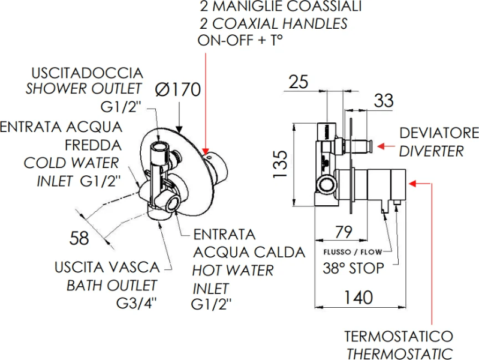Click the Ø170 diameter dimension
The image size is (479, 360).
coord(177,89)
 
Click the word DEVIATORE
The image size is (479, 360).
coord(439,133)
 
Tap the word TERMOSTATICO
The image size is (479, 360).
coord(398,337)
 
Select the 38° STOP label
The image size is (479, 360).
coord(353,268)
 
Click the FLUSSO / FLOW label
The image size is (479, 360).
coord(351,252)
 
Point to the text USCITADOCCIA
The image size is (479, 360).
coord(88,73)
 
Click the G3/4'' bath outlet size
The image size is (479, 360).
coord(137,302)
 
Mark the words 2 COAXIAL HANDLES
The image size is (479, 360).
coord(273,24)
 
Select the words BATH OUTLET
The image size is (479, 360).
coord(112,285)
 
